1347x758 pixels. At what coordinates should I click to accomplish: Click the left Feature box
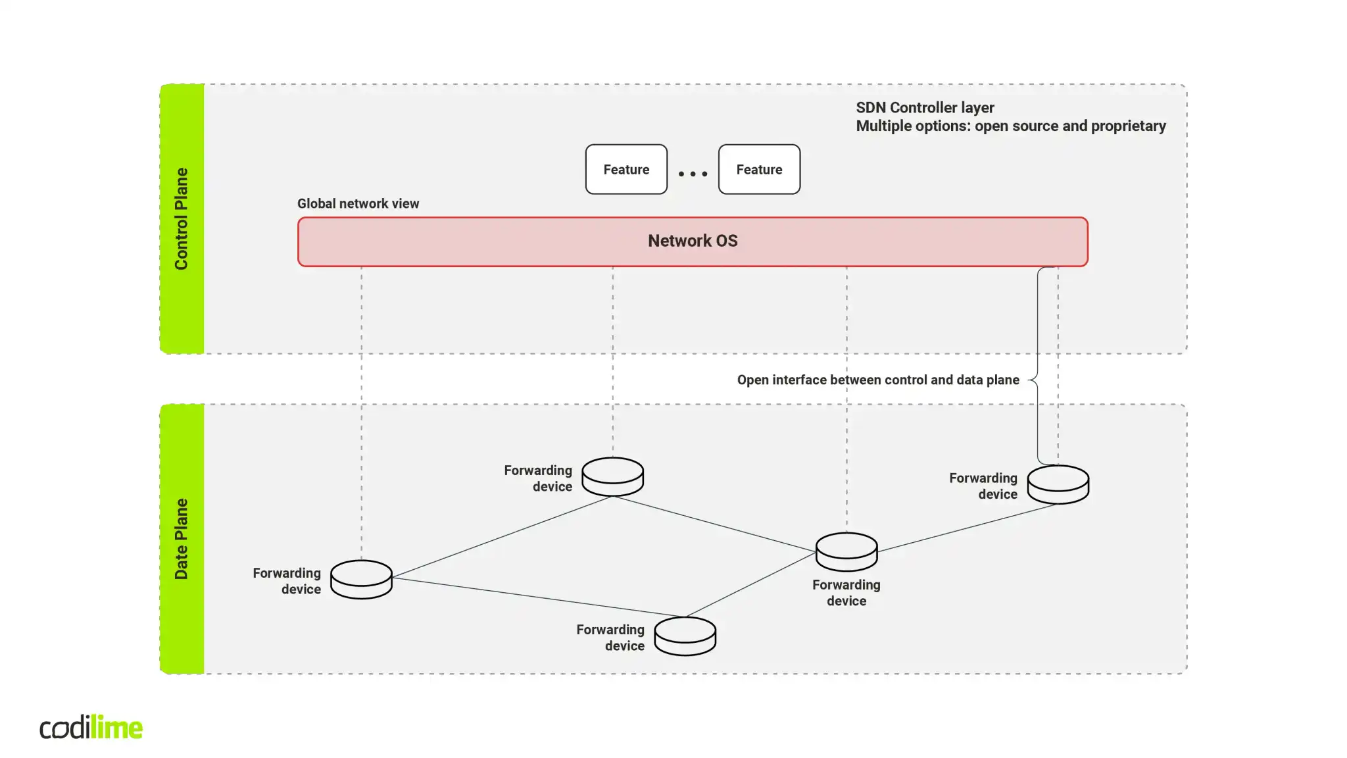pyautogui.click(x=626, y=169)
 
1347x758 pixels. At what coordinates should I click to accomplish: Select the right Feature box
pyautogui.click(x=759, y=169)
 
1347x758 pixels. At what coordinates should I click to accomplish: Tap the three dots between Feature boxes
pyautogui.click(x=693, y=174)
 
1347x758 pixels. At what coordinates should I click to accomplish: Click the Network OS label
pyautogui.click(x=693, y=241)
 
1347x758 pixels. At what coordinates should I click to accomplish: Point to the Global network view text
pyautogui.click(x=358, y=203)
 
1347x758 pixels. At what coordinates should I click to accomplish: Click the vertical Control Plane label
pyautogui.click(x=182, y=218)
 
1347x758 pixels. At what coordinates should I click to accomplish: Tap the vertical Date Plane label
pyautogui.click(x=182, y=538)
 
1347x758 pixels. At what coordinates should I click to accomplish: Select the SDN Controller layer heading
pyautogui.click(x=925, y=107)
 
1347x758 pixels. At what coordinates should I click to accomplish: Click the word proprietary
pyautogui.click(x=1128, y=126)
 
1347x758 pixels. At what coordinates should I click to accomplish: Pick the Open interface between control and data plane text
pyautogui.click(x=877, y=380)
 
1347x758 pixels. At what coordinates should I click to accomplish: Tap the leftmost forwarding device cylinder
pyautogui.click(x=361, y=579)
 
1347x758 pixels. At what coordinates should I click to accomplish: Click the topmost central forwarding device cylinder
pyautogui.click(x=612, y=476)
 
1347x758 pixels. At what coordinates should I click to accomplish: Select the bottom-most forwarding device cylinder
pyautogui.click(x=685, y=636)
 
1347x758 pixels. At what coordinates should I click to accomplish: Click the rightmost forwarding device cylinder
pyautogui.click(x=1058, y=484)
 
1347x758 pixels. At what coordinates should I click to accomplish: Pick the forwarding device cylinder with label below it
pyautogui.click(x=846, y=551)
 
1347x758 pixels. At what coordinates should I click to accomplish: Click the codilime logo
pyautogui.click(x=91, y=727)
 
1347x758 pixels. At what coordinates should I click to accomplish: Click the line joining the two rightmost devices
pyautogui.click(x=967, y=528)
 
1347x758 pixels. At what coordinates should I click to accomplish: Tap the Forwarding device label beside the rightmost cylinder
pyautogui.click(x=983, y=486)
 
